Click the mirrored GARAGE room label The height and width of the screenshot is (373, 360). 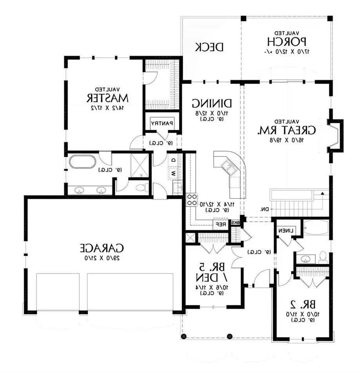click(x=102, y=248)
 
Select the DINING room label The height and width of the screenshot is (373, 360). click(x=212, y=103)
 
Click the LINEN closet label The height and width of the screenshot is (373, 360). click(x=287, y=231)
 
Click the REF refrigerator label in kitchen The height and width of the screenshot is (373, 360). click(x=221, y=225)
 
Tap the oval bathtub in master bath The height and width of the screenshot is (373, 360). click(x=82, y=162)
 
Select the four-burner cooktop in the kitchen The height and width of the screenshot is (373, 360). click(x=192, y=199)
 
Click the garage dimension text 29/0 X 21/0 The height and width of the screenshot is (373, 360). click(x=102, y=258)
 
